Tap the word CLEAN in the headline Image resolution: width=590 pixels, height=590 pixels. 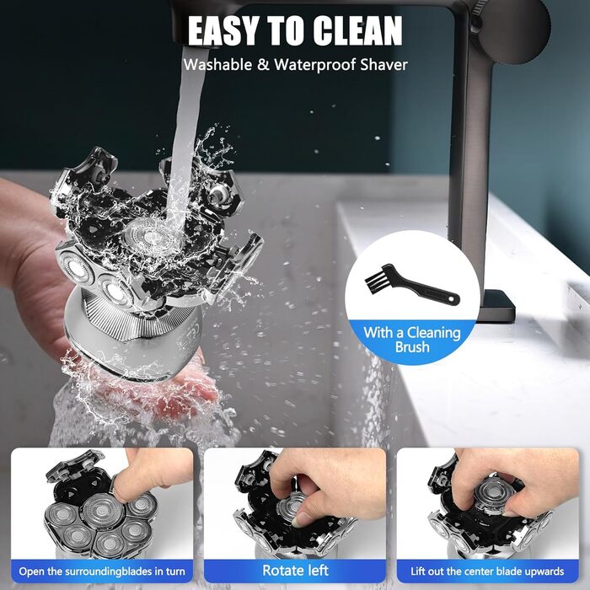[x=357, y=31]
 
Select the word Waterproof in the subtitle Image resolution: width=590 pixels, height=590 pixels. [x=314, y=65]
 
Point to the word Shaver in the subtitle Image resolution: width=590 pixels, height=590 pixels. [x=383, y=64]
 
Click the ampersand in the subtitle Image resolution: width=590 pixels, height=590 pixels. [x=263, y=64]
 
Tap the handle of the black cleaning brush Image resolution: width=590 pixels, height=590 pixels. [x=425, y=290]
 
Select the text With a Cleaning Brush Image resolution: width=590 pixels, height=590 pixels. [x=412, y=340]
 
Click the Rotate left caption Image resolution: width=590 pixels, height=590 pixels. [x=295, y=571]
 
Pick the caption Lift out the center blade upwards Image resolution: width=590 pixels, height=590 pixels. [x=487, y=571]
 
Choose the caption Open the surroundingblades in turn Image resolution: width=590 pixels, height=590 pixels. [x=102, y=571]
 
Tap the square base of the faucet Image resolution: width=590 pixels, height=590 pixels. [x=496, y=305]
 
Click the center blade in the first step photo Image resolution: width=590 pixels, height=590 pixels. [x=102, y=511]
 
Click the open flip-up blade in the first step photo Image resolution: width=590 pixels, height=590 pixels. [x=75, y=465]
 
